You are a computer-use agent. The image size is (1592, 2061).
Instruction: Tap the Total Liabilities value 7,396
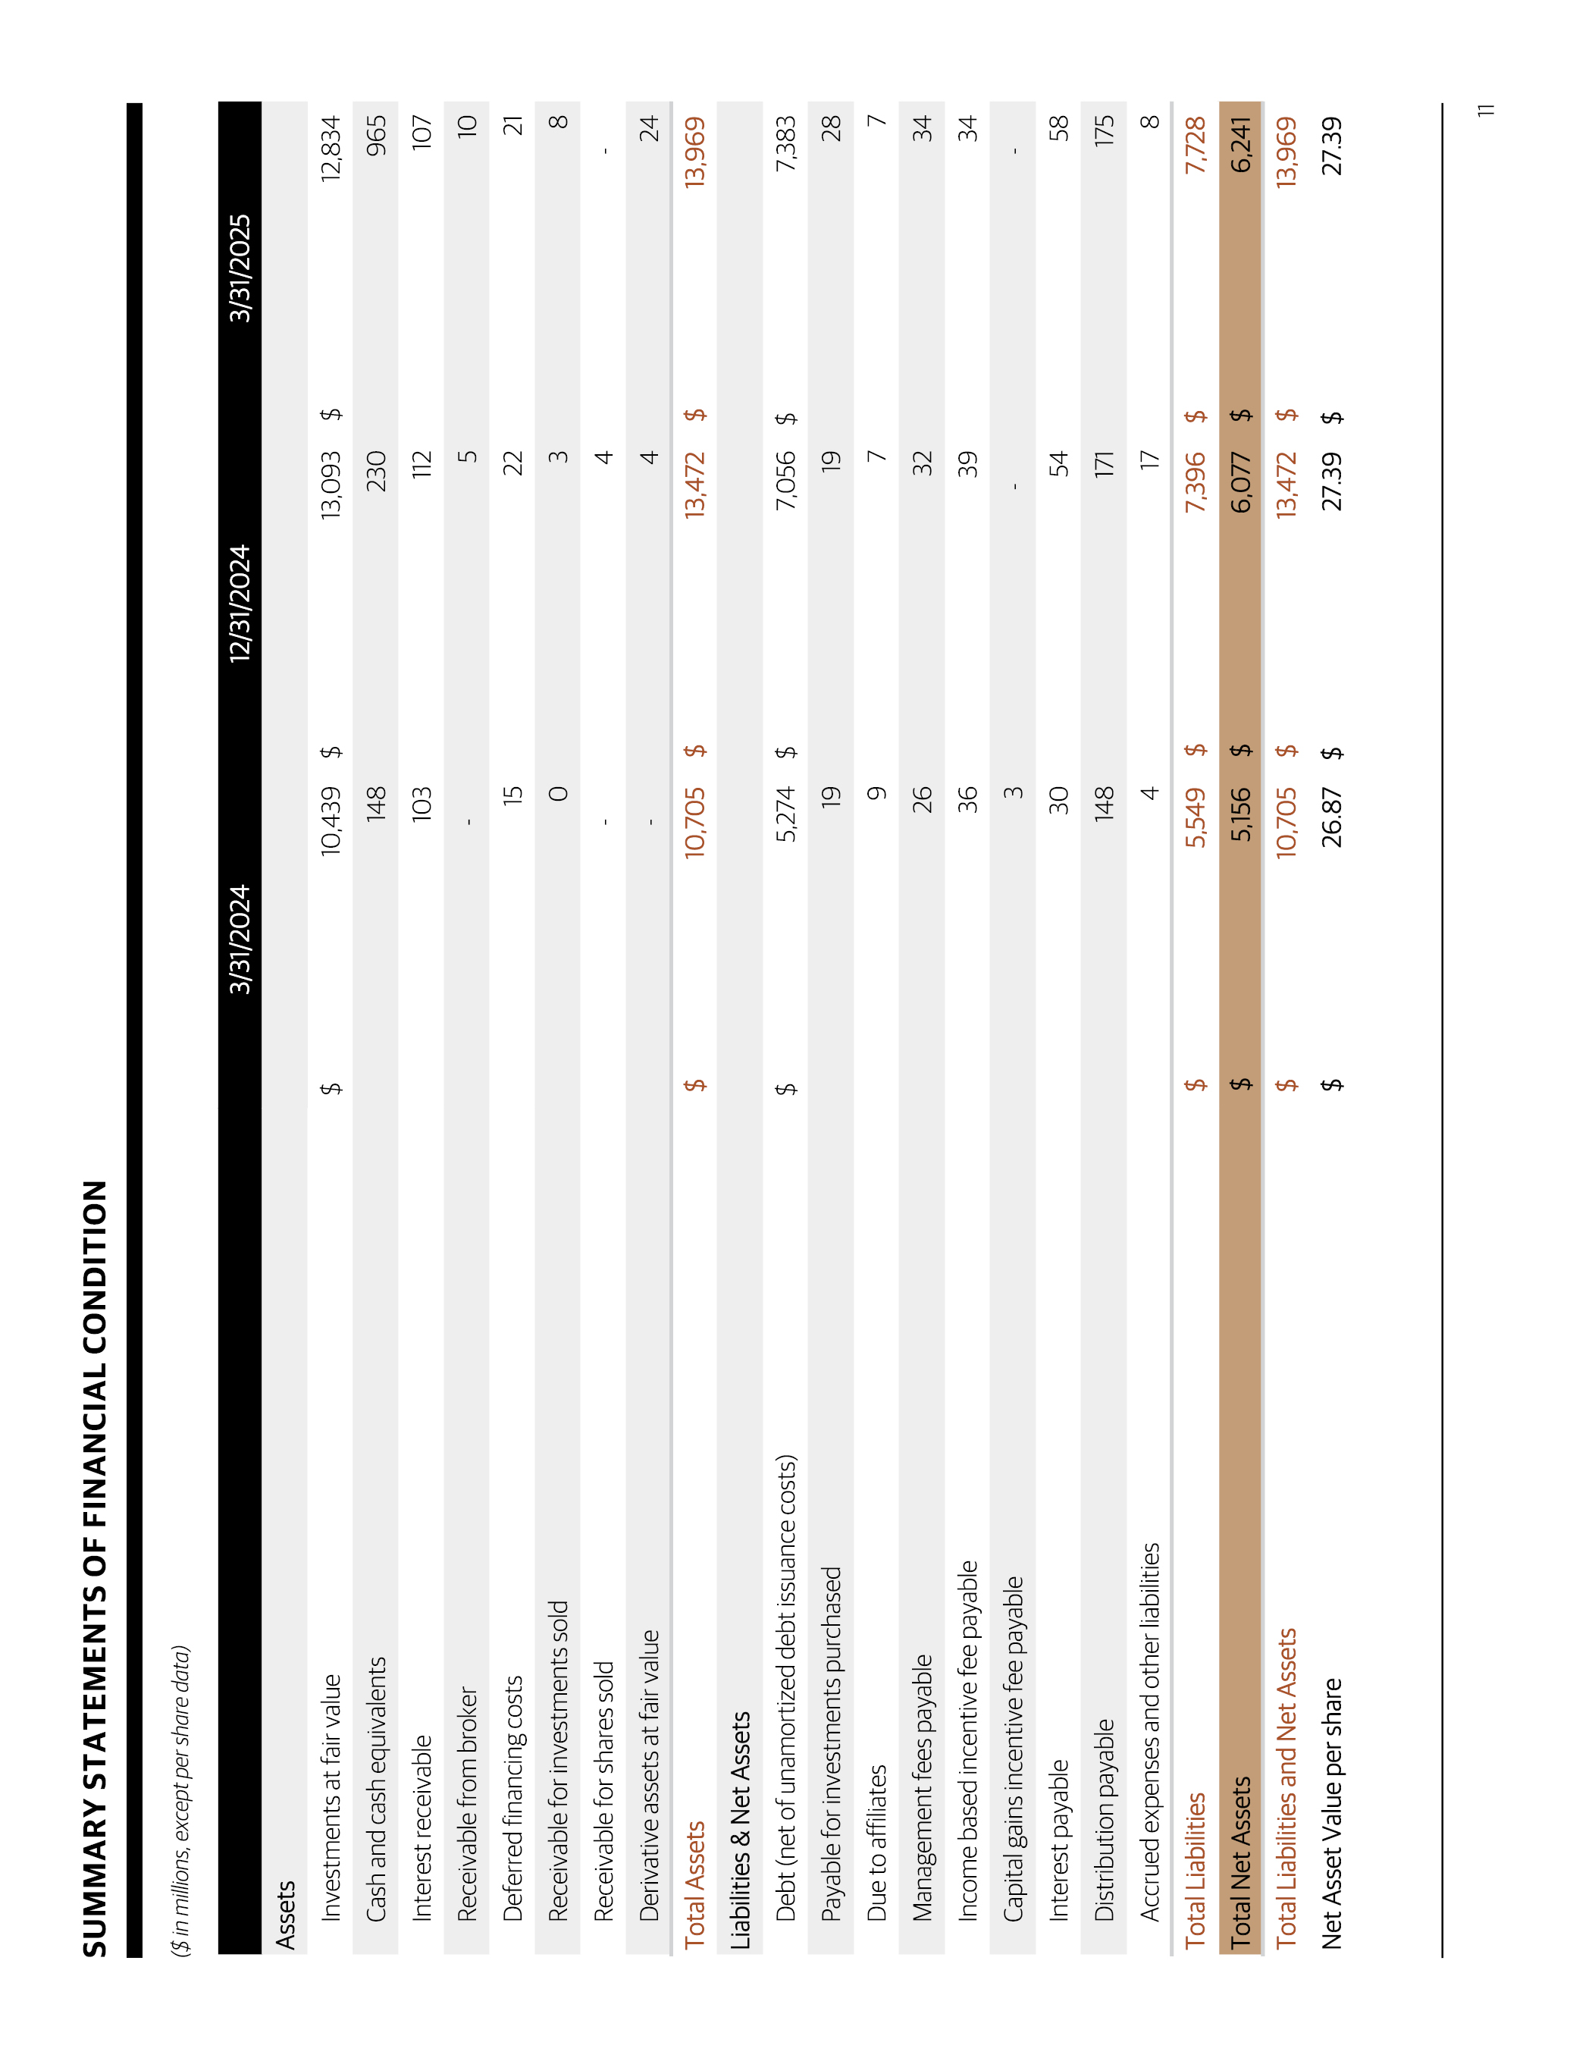coord(1195,482)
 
